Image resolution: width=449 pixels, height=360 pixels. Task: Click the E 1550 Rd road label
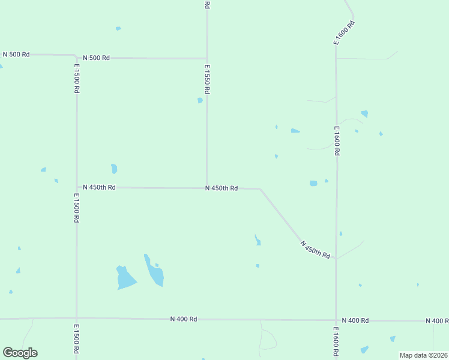click(206, 79)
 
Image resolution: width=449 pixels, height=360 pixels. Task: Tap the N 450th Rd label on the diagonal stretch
click(316, 250)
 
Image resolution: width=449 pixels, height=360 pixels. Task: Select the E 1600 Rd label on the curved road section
click(345, 33)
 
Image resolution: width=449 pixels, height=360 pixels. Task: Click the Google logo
click(20, 353)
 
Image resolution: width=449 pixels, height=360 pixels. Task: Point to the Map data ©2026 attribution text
click(423, 355)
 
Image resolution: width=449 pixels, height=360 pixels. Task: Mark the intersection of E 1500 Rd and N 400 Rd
click(76, 318)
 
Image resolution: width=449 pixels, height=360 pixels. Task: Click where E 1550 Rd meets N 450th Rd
click(207, 188)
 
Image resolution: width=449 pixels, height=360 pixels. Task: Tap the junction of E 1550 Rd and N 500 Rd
click(207, 58)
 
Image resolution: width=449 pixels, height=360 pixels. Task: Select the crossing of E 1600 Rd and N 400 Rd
click(336, 320)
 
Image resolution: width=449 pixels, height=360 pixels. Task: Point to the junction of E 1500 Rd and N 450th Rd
click(77, 187)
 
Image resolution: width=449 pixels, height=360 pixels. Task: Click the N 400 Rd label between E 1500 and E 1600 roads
click(184, 319)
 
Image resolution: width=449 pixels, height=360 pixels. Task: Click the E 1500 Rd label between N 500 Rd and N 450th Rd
click(77, 78)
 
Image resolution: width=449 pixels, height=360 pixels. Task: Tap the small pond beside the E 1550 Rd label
click(200, 100)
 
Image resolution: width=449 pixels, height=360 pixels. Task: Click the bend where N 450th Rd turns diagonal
click(259, 188)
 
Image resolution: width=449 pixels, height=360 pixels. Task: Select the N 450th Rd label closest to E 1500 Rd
click(99, 187)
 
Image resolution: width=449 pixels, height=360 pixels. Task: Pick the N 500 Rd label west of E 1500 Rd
click(16, 54)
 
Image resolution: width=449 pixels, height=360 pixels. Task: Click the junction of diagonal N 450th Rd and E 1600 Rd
click(336, 260)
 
